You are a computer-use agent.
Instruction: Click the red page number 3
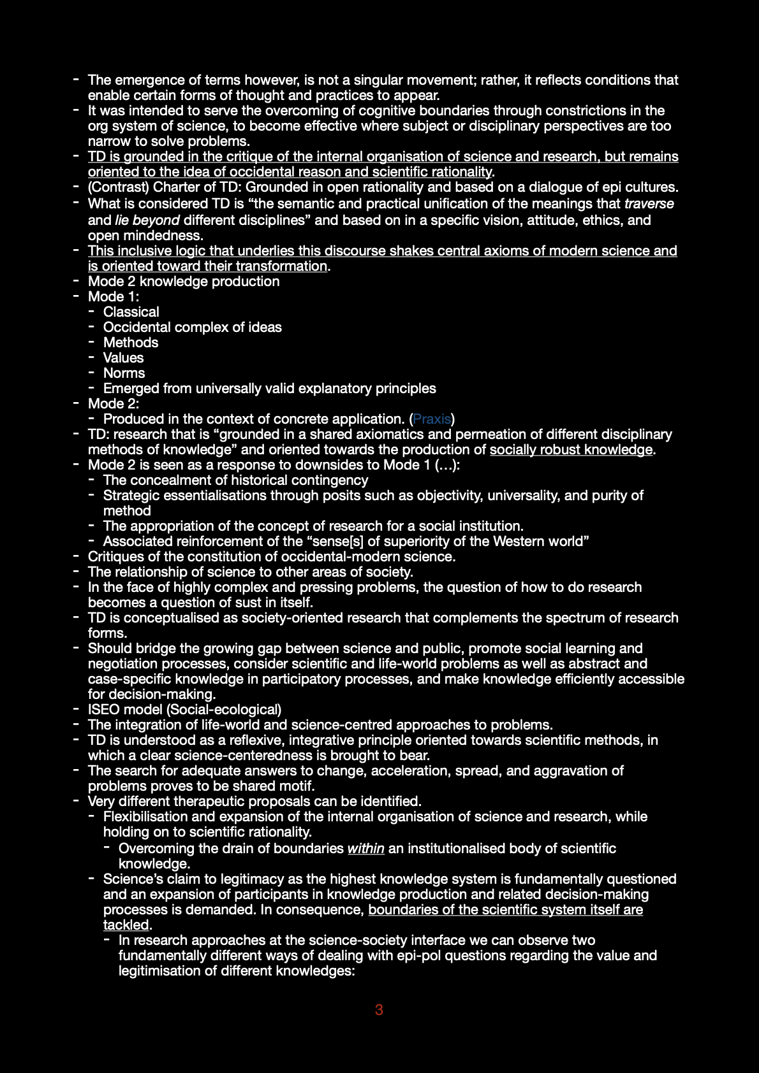coord(379,1010)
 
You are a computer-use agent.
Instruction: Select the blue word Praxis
coord(432,419)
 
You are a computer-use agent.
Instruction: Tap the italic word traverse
coord(649,204)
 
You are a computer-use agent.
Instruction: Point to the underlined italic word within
coord(365,849)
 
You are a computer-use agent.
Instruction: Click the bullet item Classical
coord(131,312)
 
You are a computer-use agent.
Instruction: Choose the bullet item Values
coord(123,358)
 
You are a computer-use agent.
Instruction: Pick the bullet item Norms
coord(124,373)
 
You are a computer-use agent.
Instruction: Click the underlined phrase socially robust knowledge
coord(571,450)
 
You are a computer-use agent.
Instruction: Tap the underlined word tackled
coord(126,925)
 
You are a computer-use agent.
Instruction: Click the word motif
coord(297,786)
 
